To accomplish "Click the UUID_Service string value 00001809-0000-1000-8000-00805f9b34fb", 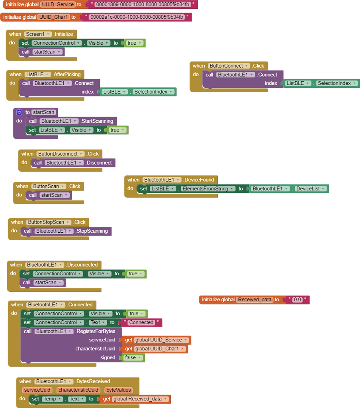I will pyautogui.click(x=142, y=4).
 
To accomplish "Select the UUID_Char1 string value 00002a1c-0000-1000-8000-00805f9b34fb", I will pyautogui.click(x=137, y=17).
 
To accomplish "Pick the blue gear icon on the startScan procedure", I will pyautogui.click(x=19, y=112).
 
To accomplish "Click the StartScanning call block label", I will pyautogui.click(x=97, y=121).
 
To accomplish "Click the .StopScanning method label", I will pyautogui.click(x=92, y=231).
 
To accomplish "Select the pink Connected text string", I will pyautogui.click(x=141, y=322).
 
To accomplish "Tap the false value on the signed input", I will pyautogui.click(x=133, y=358).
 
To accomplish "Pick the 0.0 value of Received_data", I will pyautogui.click(x=297, y=300).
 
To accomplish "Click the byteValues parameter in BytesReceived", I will pyautogui.click(x=118, y=390).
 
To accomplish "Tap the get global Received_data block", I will pyautogui.click(x=135, y=399).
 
